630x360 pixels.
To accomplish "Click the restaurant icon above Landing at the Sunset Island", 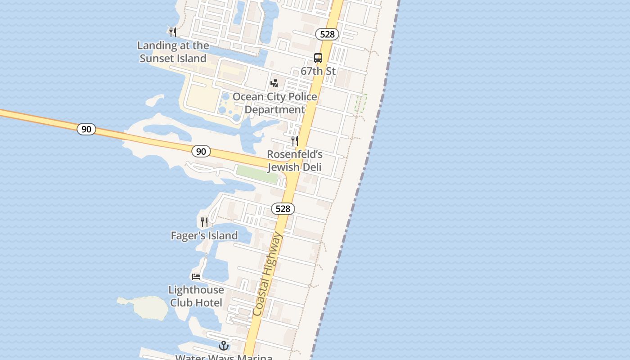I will [x=172, y=32].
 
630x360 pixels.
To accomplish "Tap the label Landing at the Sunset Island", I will [x=173, y=52].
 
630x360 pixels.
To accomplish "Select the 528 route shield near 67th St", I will [x=327, y=34].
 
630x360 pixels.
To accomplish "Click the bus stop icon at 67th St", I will [x=318, y=58].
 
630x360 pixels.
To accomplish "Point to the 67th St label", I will [x=318, y=71].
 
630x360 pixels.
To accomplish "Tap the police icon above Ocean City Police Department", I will [x=274, y=83].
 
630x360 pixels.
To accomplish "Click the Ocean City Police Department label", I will [x=274, y=103].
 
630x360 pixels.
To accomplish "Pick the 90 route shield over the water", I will [x=86, y=129].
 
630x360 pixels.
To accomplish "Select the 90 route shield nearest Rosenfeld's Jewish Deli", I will [x=201, y=151].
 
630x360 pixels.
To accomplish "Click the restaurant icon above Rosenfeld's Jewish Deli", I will [x=295, y=141].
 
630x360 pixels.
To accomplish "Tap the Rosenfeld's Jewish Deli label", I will [x=295, y=161].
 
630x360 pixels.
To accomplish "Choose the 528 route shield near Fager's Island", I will [x=283, y=209].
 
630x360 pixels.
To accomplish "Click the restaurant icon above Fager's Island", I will [x=204, y=222].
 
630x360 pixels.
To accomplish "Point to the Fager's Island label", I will [x=204, y=235].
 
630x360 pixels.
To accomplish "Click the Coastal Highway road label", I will [x=268, y=274].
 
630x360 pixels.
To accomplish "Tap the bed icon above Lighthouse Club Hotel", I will [x=196, y=276].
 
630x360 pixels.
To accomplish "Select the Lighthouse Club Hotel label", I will [x=196, y=296].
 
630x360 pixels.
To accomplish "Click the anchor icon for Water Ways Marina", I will [x=224, y=346].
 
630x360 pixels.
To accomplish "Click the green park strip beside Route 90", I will [x=257, y=174].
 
